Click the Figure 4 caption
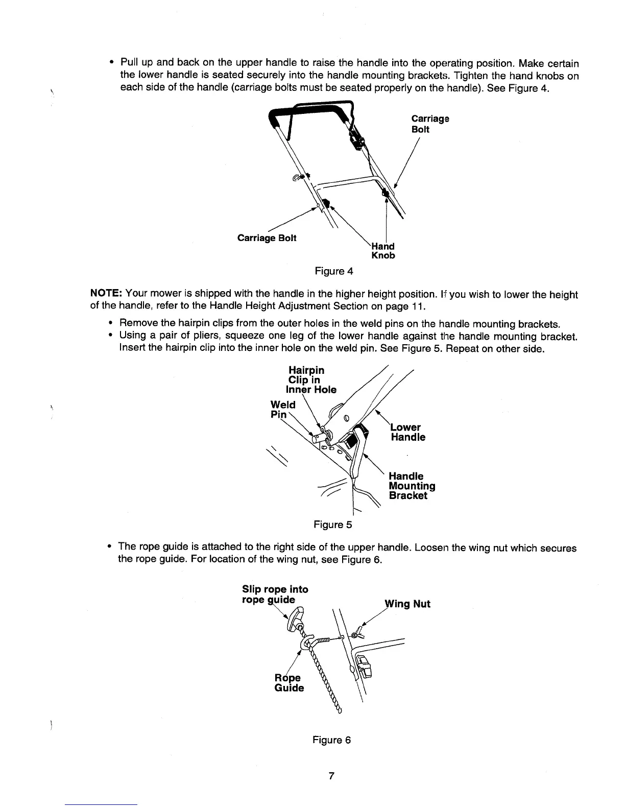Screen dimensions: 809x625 pos(334,271)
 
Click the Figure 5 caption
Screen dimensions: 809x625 pos(332,525)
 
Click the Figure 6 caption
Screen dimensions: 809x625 pos(332,740)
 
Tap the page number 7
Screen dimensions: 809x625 pos(331,776)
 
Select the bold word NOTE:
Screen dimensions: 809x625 pos(106,295)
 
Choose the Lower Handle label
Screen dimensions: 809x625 pos(407,432)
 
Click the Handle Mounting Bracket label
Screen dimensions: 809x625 pos(412,486)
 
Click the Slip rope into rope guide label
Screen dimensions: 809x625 pos(275,594)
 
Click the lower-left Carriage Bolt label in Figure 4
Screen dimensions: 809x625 pos(267,238)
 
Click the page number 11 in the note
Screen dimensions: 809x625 pos(417,307)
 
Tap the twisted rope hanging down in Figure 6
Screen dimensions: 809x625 pos(327,679)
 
